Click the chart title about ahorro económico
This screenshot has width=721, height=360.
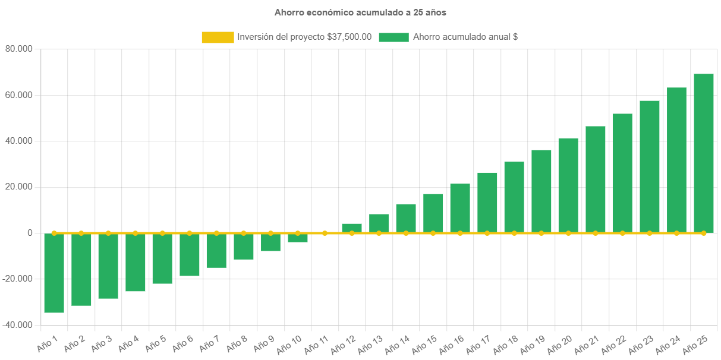tap(360, 12)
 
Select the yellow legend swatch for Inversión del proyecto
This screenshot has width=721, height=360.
tap(218, 37)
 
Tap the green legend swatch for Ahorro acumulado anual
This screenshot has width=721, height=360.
tap(393, 37)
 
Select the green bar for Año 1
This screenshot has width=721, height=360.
tap(54, 273)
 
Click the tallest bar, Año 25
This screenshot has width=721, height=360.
tap(704, 153)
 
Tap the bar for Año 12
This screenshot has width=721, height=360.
tap(352, 228)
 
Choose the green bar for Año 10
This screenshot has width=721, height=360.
tap(298, 238)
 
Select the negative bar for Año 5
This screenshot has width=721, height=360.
tap(162, 259)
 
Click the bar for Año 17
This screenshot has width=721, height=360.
tap(487, 203)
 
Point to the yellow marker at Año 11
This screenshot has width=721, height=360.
tap(325, 233)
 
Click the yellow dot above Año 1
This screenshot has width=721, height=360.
tap(54, 233)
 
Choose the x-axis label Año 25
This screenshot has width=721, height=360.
tap(695, 343)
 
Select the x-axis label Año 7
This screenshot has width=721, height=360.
tap(208, 343)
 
